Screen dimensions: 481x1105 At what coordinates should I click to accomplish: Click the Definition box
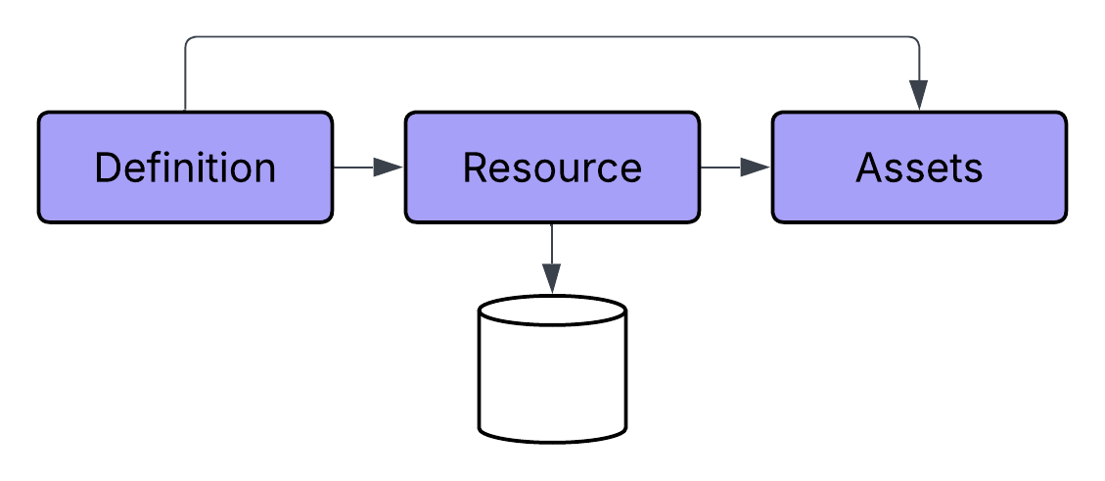[x=185, y=167]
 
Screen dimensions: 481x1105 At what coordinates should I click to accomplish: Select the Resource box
[x=552, y=167]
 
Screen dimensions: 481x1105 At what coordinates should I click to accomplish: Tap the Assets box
[x=919, y=167]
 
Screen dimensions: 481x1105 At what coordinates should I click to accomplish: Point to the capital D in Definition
[x=107, y=168]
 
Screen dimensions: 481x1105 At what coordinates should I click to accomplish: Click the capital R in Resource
[x=475, y=168]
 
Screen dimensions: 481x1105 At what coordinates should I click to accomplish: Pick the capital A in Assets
[x=870, y=168]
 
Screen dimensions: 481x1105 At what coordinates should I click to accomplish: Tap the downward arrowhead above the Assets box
[x=918, y=95]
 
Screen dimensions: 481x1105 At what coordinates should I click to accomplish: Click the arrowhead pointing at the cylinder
[x=552, y=280]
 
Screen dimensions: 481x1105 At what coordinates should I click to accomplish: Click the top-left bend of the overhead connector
[x=187, y=39]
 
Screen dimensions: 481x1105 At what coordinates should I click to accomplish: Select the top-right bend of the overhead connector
[x=916, y=39]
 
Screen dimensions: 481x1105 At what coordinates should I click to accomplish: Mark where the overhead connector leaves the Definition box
[x=185, y=110]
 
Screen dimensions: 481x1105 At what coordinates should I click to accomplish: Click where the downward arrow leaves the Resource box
[x=552, y=224]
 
